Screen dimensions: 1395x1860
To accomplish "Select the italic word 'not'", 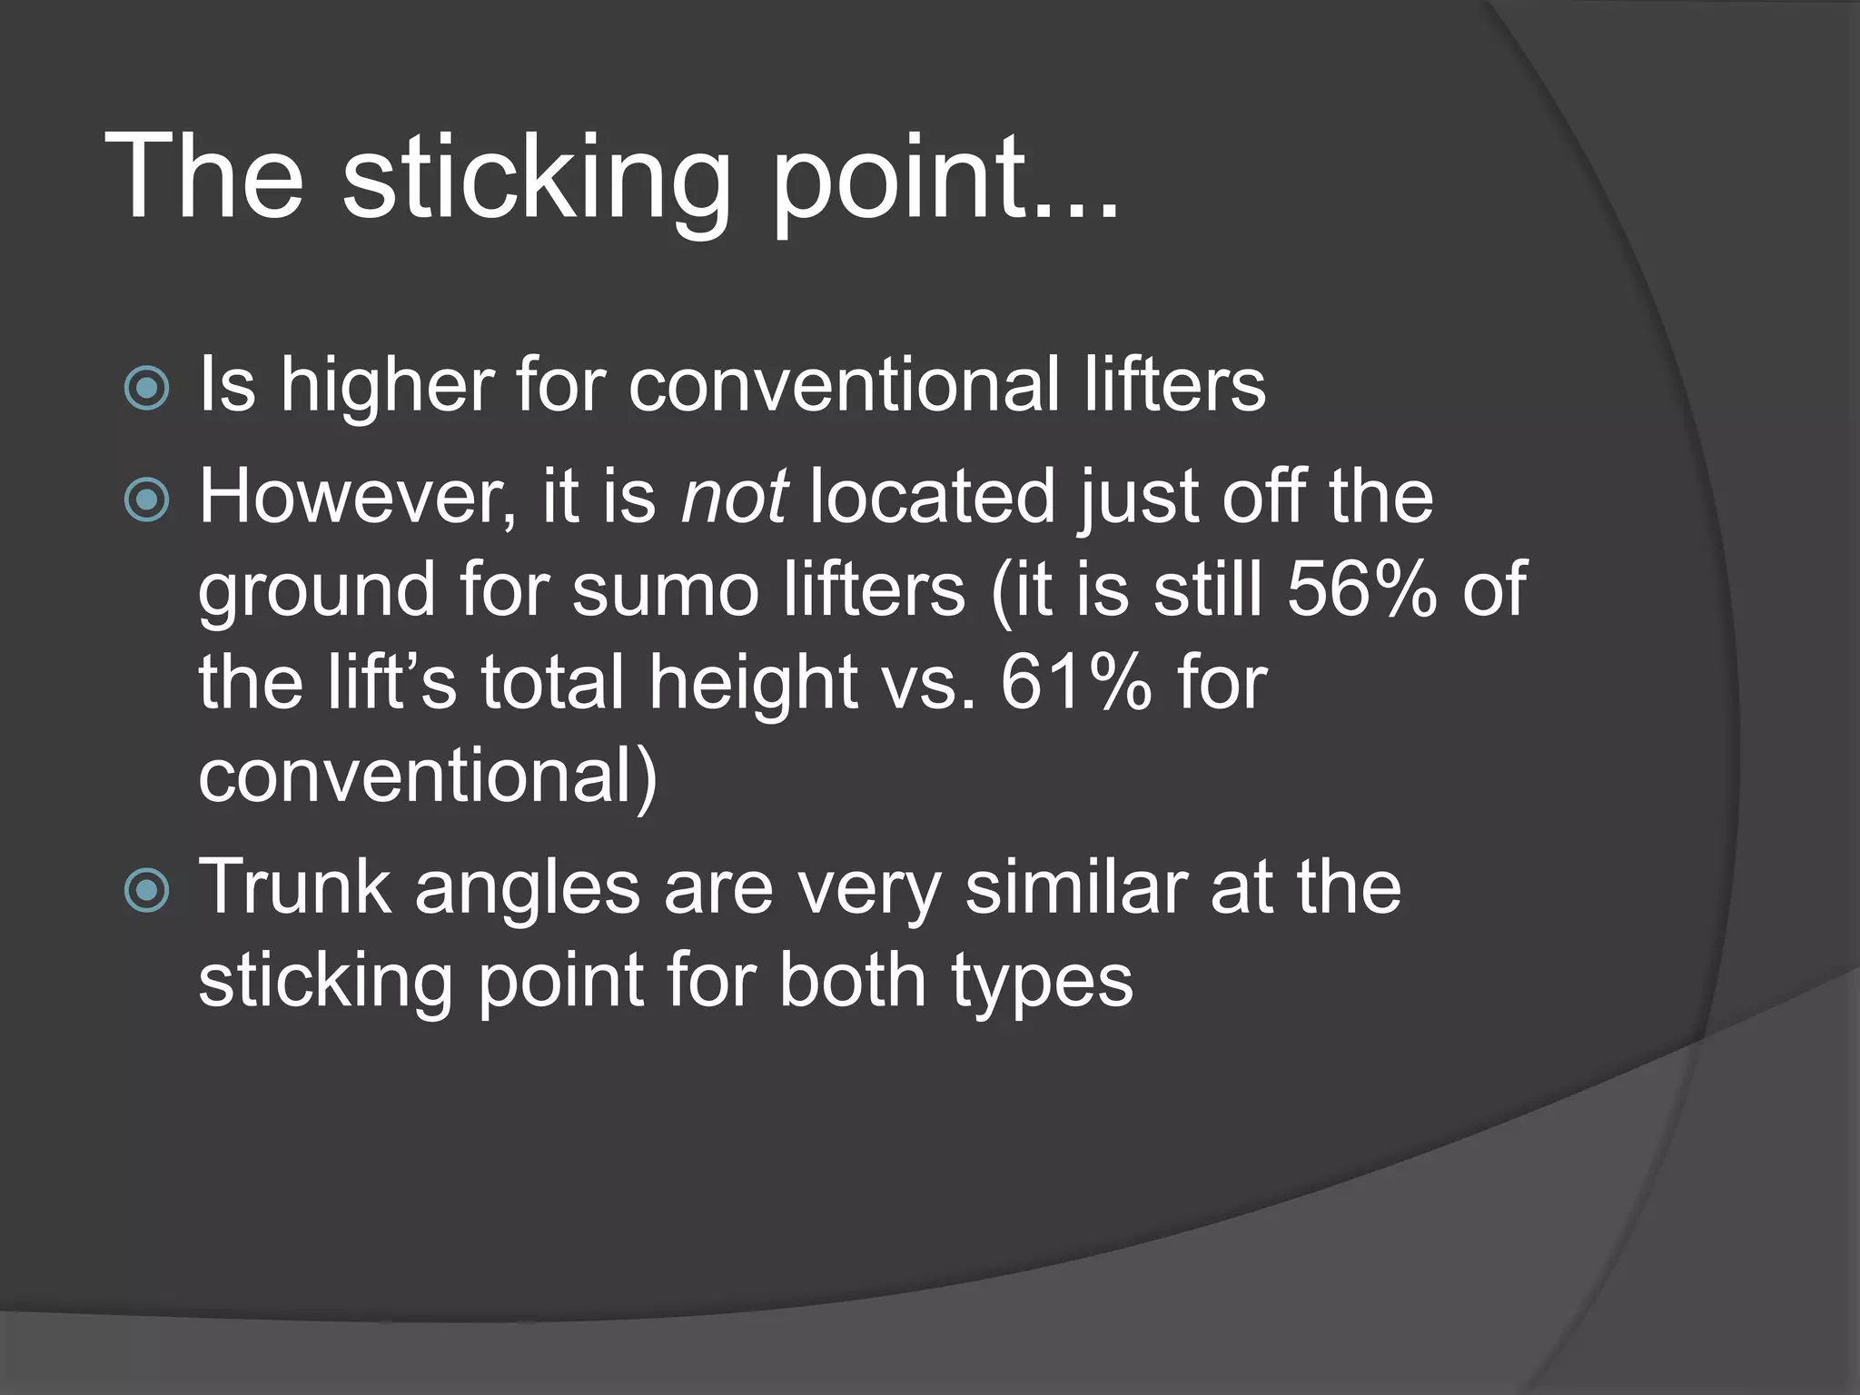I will pos(734,498).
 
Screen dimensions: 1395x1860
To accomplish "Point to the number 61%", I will pos(1075,683).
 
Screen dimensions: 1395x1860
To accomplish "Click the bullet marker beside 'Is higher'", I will pos(146,389).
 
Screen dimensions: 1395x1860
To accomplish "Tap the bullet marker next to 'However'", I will pos(146,500).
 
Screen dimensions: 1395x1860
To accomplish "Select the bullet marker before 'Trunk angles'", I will pos(146,890).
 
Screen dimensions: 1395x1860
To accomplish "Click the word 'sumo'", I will pos(665,590).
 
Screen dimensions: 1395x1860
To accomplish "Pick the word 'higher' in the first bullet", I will pos(386,386).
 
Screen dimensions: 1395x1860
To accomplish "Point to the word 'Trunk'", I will pos(295,887).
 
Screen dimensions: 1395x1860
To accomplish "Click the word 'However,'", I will pos(359,498).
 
